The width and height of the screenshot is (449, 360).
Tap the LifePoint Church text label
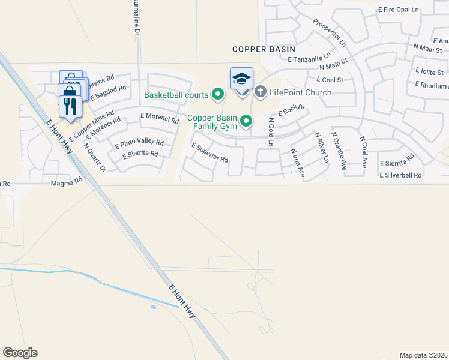[x=300, y=92]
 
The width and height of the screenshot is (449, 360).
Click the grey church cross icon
[x=260, y=92]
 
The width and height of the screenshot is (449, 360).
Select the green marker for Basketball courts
[x=218, y=94]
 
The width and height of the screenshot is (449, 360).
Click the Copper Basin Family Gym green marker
[x=246, y=122]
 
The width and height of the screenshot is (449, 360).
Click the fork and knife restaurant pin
[x=70, y=107]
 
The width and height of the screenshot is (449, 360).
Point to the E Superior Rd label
[x=209, y=153]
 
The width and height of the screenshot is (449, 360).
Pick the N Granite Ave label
[x=338, y=154]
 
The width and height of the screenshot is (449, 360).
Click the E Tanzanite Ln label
[x=309, y=57]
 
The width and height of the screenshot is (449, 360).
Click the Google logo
[x=20, y=353]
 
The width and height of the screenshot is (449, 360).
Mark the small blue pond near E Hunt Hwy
[x=154, y=307]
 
